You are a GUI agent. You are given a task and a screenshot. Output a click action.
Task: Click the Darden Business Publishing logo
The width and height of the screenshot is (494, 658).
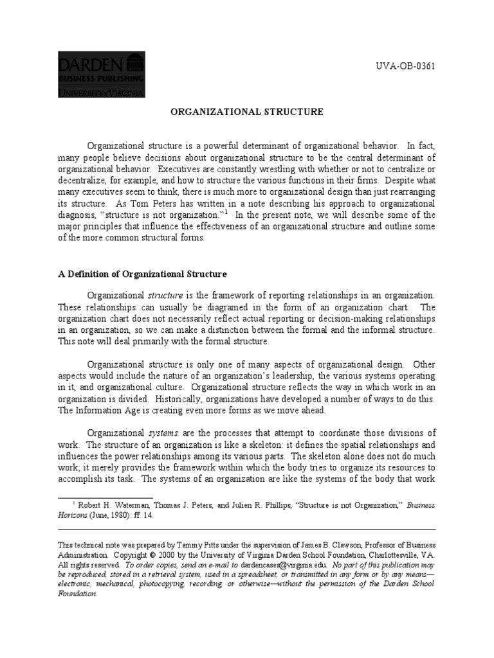coord(102,75)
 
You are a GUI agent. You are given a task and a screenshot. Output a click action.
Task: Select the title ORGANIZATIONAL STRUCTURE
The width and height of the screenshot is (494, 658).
coord(246,112)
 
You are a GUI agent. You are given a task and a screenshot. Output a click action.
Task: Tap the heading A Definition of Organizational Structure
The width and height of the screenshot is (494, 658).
coord(142,274)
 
